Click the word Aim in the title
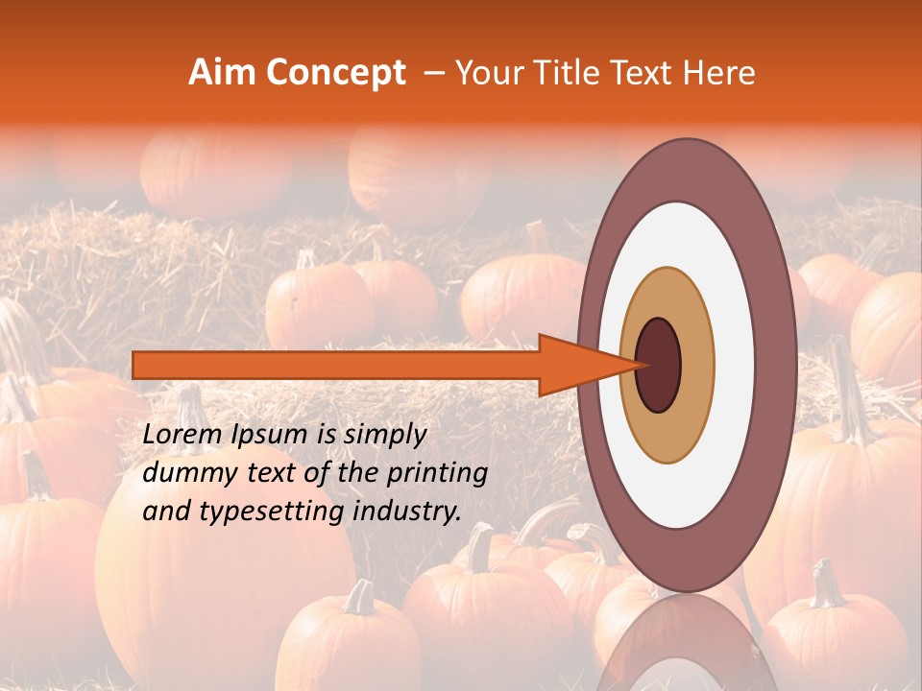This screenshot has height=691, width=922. pyautogui.click(x=223, y=73)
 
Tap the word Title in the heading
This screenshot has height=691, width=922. pyautogui.click(x=564, y=73)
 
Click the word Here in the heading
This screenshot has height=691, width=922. pyautogui.click(x=721, y=73)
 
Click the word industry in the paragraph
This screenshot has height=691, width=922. pyautogui.click(x=405, y=512)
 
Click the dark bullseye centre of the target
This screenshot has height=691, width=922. pyautogui.click(x=659, y=365)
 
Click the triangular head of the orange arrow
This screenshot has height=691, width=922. pyautogui.click(x=576, y=365)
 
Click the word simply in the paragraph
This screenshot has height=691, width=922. pyautogui.click(x=380, y=436)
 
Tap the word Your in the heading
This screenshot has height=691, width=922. pyautogui.click(x=484, y=73)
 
